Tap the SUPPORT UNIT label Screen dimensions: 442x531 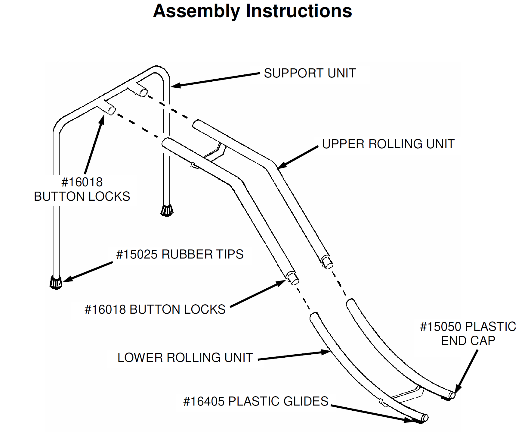(310, 73)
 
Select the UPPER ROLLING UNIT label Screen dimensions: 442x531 (388, 144)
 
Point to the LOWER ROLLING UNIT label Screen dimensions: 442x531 (185, 358)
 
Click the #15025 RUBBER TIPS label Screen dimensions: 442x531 (180, 254)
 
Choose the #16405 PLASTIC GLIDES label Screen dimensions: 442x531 (256, 401)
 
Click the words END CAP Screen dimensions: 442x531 (468, 341)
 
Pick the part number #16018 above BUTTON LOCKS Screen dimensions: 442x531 (82, 182)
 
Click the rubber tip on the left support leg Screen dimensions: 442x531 (56, 282)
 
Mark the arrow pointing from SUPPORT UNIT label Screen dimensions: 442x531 (215, 80)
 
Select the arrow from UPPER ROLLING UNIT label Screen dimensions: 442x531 (298, 157)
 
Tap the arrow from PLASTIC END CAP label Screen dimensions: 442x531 (467, 371)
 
